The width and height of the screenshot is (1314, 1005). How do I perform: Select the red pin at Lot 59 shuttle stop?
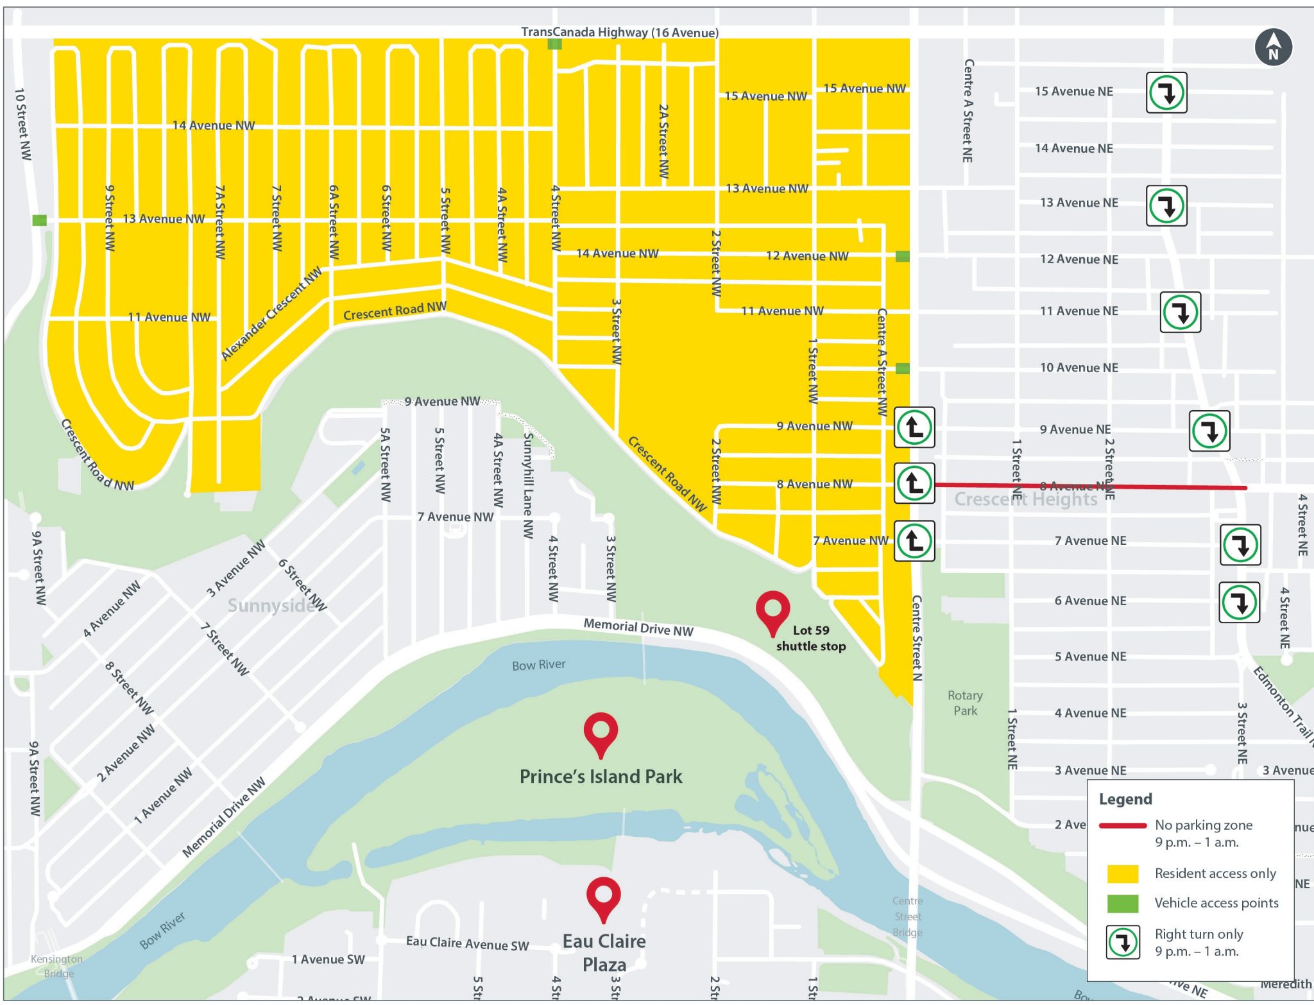point(772,610)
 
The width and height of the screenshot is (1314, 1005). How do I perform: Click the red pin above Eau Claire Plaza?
point(603,897)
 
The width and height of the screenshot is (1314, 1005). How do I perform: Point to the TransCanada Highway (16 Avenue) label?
point(619,32)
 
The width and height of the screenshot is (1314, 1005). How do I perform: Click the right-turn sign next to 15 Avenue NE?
point(1166,93)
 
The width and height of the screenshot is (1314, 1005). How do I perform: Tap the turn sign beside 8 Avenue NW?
point(914,483)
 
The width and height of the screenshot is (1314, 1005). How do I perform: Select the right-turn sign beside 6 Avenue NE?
point(1239,603)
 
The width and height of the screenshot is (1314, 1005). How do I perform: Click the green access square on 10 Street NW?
point(40,220)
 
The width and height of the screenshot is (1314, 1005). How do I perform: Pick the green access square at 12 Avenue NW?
point(902,257)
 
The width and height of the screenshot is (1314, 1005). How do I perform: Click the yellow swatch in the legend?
point(1122,873)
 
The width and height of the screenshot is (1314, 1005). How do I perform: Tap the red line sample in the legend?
point(1122,825)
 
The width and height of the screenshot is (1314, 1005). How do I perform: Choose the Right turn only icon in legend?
point(1123,942)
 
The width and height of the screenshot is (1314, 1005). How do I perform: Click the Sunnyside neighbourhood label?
point(271,605)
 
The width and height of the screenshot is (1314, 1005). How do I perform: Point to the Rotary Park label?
point(964,703)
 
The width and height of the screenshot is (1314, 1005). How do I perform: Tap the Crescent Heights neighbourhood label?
point(1025,499)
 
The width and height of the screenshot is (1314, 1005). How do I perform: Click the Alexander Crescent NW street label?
point(271,314)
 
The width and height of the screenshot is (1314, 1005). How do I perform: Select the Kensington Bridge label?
point(57,966)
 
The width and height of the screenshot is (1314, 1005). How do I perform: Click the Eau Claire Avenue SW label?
point(467,943)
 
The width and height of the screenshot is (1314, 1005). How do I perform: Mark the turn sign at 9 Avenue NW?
point(914,427)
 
